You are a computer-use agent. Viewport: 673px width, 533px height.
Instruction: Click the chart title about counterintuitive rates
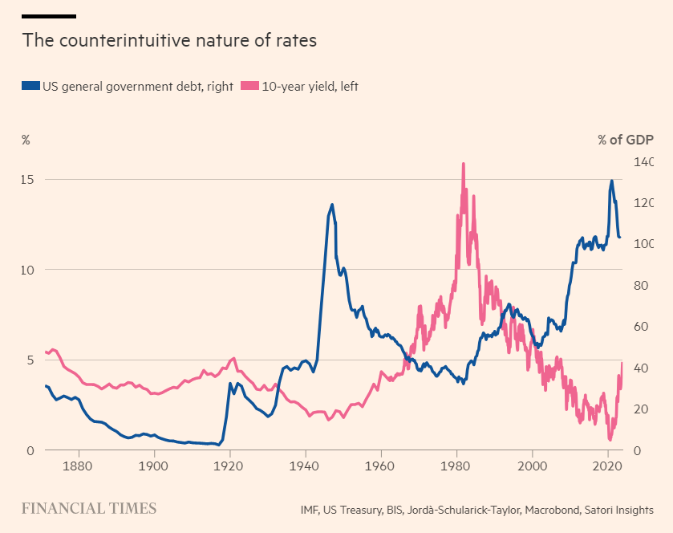pos(169,40)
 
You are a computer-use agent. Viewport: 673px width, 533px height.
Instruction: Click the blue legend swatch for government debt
pos(30,85)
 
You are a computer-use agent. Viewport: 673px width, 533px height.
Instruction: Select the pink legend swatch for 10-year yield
pos(249,85)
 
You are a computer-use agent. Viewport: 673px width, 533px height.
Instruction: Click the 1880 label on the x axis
pos(77,466)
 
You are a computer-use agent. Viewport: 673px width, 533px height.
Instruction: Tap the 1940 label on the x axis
pos(305,466)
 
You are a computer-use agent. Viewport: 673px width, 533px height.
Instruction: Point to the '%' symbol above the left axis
pos(26,140)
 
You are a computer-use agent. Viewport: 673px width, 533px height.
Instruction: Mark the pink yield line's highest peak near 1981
pos(463,164)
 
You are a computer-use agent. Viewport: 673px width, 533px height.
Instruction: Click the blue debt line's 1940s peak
pos(332,205)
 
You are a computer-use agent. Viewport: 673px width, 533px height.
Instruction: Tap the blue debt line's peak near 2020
pos(611,181)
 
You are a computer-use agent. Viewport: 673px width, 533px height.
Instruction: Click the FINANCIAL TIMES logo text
pos(88,508)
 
